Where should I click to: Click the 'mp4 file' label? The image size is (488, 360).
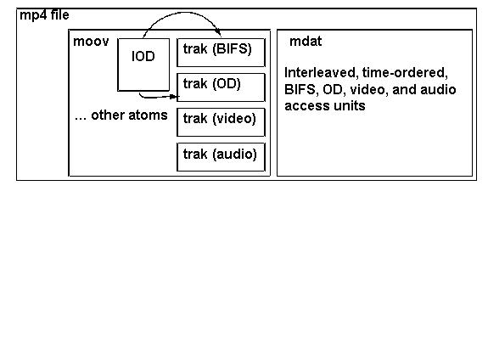point(44,15)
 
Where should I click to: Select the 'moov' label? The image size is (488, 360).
point(91,42)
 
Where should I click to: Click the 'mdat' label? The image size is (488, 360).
point(306,42)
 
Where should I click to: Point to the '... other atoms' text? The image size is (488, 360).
point(121,115)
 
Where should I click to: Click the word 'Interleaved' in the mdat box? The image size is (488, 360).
point(321,73)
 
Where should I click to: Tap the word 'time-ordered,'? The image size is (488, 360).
point(405,73)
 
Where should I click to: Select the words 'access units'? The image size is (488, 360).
point(325,106)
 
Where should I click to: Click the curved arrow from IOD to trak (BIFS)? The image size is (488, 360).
point(184,13)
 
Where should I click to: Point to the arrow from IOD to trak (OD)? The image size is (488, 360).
point(157,98)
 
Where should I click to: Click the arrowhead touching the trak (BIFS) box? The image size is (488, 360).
point(219,33)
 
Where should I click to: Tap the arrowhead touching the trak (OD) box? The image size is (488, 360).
point(175,97)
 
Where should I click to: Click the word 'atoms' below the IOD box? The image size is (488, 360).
point(148,115)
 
